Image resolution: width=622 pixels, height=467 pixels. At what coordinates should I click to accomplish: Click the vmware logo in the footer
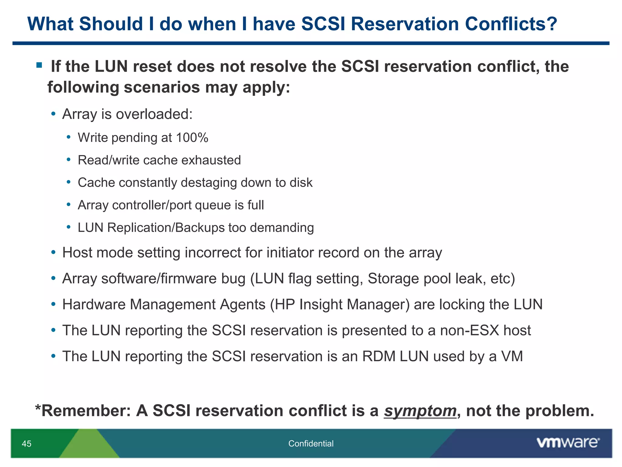pos(568,443)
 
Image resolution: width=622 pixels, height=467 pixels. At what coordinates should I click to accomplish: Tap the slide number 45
pos(27,444)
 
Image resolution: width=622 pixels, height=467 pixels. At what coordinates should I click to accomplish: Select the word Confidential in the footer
pos(311,444)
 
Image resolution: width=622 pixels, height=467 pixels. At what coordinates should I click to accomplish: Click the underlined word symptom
pos(420,411)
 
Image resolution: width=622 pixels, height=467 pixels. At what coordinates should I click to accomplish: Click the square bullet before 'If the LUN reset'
pos(39,65)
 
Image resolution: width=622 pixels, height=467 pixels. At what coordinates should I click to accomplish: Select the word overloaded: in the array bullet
pos(154,114)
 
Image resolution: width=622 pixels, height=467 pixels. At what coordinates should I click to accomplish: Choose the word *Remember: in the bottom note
pos(83,411)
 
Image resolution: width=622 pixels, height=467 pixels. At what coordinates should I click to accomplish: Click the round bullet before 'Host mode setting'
pos(54,252)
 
